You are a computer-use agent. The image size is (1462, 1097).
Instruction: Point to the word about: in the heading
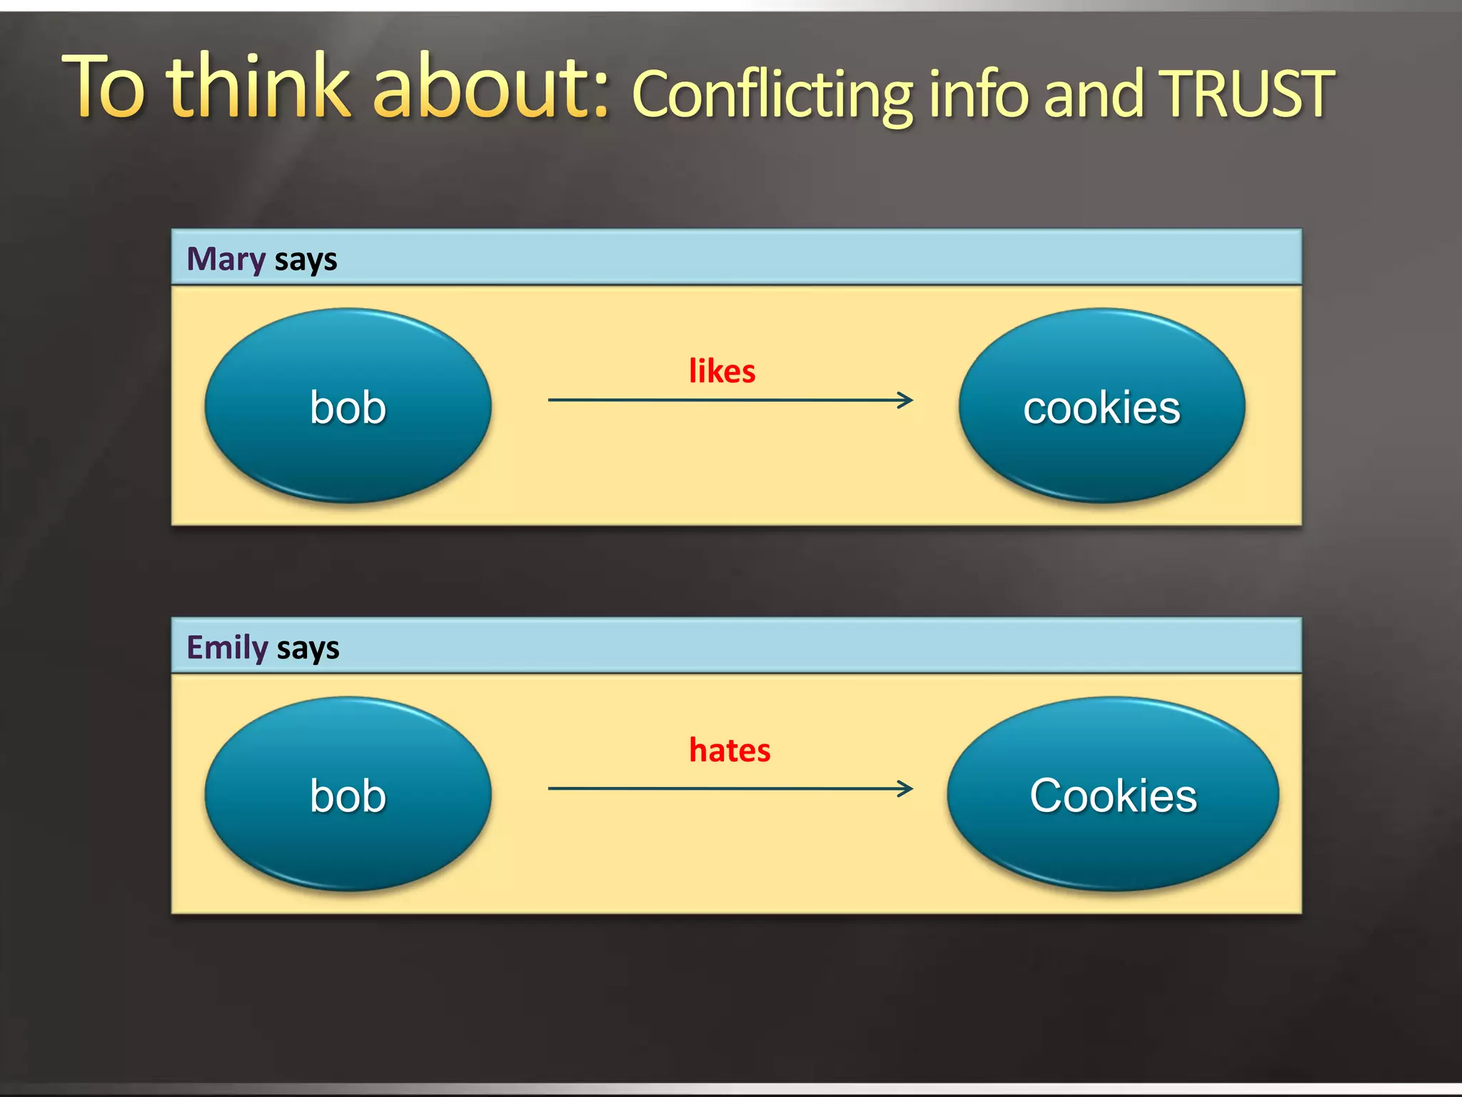[491, 87]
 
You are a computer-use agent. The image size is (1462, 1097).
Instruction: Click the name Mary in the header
[226, 259]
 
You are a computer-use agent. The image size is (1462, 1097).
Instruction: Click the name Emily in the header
[227, 647]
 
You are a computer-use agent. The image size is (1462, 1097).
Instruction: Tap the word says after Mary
[306, 260]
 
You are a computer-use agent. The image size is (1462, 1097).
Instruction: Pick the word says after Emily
[308, 648]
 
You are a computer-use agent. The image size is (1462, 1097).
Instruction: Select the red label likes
[722, 371]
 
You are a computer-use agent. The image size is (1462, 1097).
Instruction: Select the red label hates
[730, 751]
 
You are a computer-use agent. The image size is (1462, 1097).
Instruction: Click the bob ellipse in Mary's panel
[348, 406]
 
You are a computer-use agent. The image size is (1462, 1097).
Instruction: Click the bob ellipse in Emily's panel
[348, 794]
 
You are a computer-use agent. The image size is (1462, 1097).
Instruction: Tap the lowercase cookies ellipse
[1101, 406]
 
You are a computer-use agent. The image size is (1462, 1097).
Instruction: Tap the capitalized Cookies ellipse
[1112, 794]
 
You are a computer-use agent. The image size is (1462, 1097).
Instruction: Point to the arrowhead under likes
[906, 400]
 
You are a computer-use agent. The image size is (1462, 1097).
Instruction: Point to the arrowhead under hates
[906, 788]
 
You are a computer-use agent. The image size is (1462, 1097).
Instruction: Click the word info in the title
[979, 94]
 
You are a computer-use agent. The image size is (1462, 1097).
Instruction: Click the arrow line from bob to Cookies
[714, 788]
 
